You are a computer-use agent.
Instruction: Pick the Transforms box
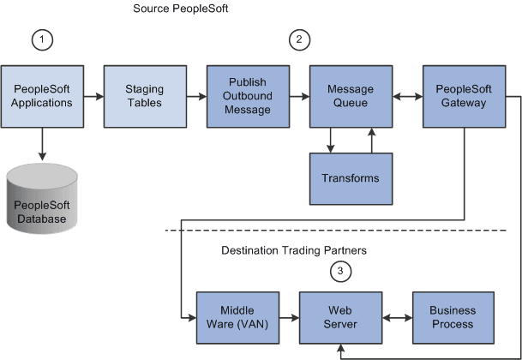tap(350, 178)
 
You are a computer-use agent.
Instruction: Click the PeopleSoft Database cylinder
tap(41, 200)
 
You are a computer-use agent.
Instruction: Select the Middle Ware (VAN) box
tap(237, 317)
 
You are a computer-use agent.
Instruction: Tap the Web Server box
tap(340, 317)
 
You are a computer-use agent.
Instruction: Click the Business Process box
tap(452, 317)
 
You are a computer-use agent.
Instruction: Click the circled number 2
tap(299, 39)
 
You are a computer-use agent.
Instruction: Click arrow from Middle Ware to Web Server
tap(289, 317)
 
